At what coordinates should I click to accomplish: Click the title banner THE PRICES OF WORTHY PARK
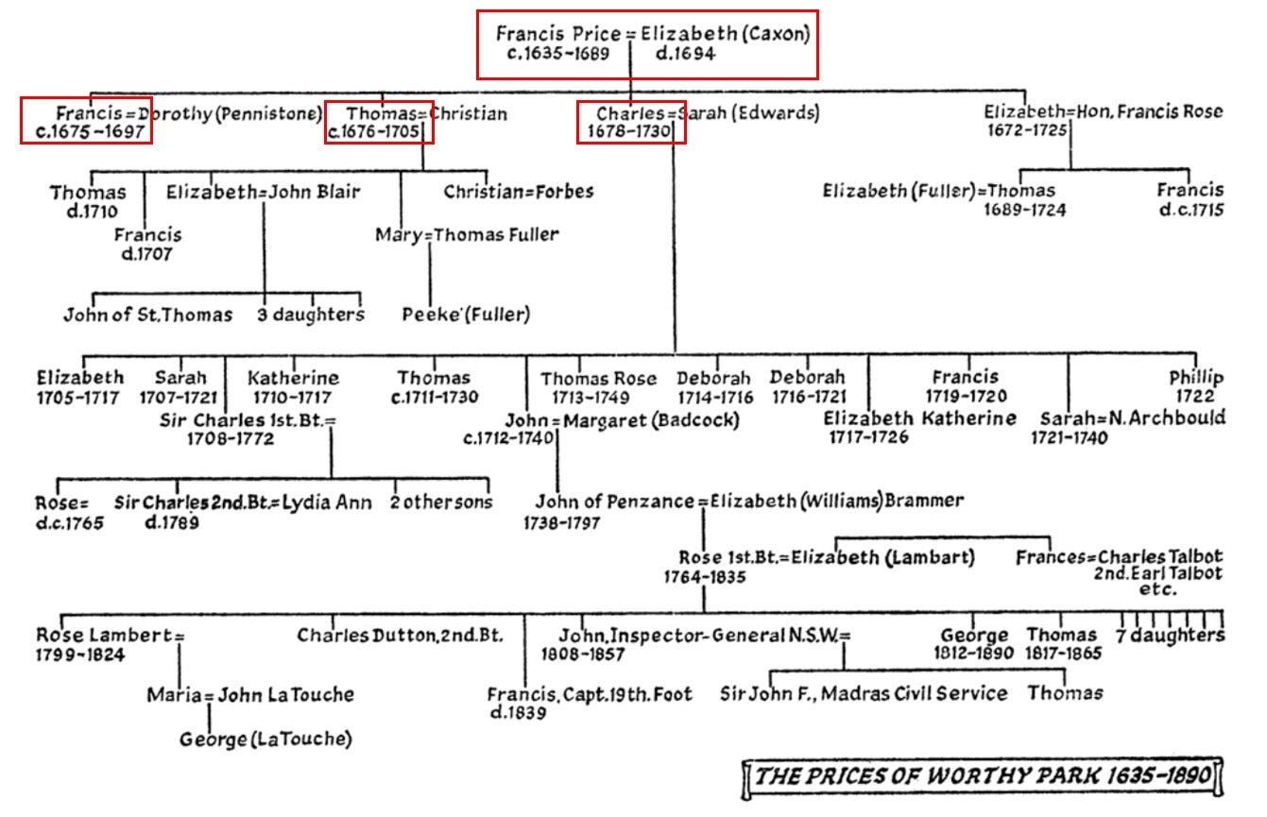[x=983, y=777]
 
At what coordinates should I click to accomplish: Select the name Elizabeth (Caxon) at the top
[x=726, y=34]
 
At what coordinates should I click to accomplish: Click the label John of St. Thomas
[x=147, y=315]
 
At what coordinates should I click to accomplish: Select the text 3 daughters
[x=311, y=315]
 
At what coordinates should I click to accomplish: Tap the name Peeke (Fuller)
[x=467, y=314]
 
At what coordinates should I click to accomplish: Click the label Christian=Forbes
[x=519, y=192]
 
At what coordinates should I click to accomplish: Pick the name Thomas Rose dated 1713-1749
[x=598, y=379]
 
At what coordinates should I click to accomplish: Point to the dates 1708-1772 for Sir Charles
[x=231, y=439]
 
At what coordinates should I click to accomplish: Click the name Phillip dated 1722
[x=1196, y=378]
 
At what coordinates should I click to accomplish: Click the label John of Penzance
[x=614, y=502]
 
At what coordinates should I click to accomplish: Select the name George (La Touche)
[x=265, y=739]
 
